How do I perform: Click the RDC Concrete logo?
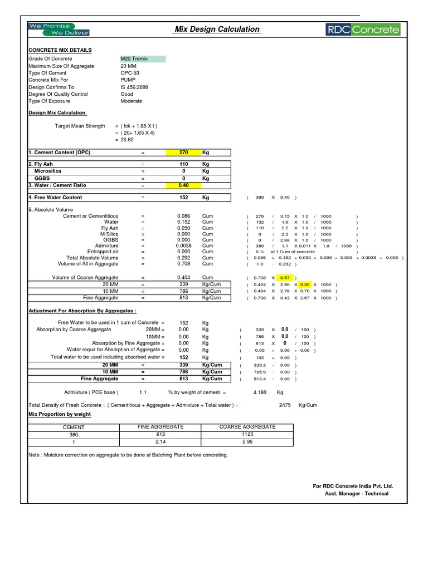click(363, 30)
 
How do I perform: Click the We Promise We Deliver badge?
click(59, 29)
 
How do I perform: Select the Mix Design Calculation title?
click(217, 29)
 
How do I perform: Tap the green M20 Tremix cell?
click(142, 58)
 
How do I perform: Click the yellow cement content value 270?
click(183, 152)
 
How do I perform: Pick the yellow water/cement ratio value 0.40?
click(183, 185)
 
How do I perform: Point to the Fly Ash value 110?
click(183, 164)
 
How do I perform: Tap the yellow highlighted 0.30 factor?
click(305, 284)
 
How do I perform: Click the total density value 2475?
click(285, 405)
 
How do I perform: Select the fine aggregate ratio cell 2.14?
click(160, 442)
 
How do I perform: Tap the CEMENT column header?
click(74, 427)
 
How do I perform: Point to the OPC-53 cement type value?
click(130, 73)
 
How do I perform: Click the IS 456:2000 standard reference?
click(134, 87)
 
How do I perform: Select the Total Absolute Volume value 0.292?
click(183, 258)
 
